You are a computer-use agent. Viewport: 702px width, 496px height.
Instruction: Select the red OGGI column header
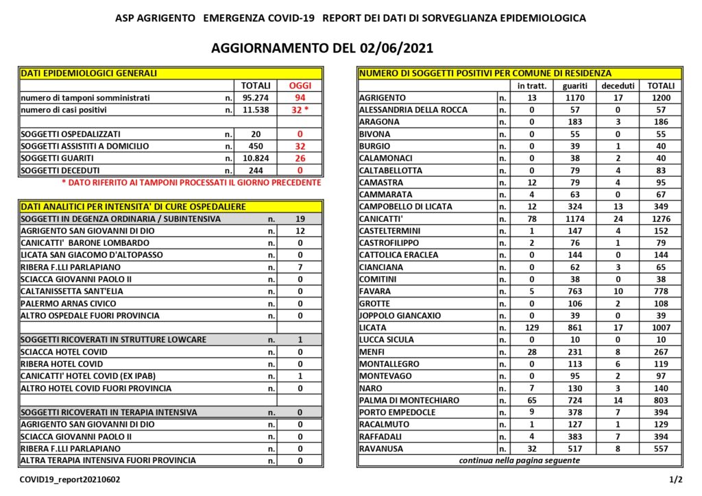pos(300,86)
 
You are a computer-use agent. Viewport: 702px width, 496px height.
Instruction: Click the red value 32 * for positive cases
pos(300,110)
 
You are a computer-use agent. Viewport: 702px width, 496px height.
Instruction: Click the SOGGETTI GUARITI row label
pos(56,158)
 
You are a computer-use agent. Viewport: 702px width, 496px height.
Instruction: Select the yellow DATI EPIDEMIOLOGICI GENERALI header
pos(89,73)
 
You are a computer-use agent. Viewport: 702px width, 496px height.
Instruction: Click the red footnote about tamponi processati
pos(191,183)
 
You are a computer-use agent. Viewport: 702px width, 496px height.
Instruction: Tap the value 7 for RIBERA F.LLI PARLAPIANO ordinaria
pos(300,267)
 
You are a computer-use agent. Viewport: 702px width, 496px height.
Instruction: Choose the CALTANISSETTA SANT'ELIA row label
pos(69,291)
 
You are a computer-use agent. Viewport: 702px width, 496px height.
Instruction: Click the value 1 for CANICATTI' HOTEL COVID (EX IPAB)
pos(300,376)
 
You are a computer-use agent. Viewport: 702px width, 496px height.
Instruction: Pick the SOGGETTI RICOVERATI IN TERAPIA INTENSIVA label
pos(109,412)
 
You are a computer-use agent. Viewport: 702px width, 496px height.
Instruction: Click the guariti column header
pos(574,86)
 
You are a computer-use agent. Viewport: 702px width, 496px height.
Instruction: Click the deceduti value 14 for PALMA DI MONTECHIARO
pos(618,400)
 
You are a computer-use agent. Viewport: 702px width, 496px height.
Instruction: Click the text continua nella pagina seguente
pos(520,460)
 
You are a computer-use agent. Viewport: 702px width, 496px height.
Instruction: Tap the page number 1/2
pos(675,480)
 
